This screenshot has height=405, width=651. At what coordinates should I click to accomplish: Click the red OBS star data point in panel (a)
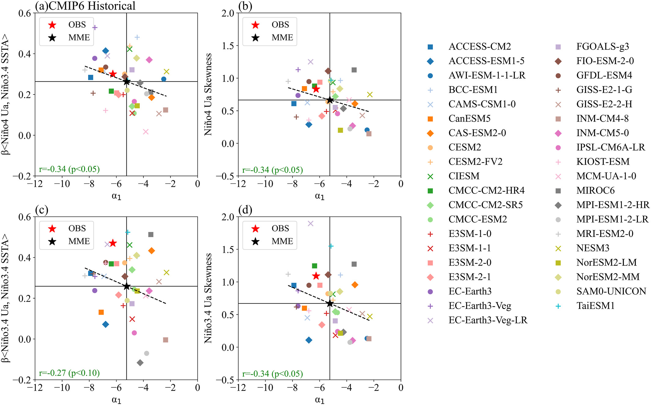pos(113,74)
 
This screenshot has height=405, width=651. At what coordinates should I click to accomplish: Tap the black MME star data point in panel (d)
pos(330,303)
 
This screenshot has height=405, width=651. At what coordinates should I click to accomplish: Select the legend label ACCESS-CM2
pos(480,47)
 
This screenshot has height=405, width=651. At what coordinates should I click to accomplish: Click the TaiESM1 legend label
pos(595,306)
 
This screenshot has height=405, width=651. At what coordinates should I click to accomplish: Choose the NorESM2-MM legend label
pos(608,277)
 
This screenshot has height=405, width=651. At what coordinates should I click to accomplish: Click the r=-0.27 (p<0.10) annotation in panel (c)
pos(69,373)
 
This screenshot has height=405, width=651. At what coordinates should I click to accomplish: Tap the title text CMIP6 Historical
pos(92,6)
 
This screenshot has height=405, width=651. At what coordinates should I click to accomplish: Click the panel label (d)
pos(245,210)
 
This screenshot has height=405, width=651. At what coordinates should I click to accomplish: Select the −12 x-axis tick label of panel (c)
pos(35,388)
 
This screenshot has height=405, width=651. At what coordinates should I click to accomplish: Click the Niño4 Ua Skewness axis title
pos(208,95)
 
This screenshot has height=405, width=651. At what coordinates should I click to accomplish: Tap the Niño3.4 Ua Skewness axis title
pos(208,298)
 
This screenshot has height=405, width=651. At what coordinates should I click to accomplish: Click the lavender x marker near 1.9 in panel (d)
pos(311,223)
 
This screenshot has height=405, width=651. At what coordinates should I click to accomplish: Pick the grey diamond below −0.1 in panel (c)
pos(140,363)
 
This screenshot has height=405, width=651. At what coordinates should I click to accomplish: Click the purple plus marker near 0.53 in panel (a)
pos(95,28)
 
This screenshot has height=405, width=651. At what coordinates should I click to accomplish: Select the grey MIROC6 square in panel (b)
pos(354,70)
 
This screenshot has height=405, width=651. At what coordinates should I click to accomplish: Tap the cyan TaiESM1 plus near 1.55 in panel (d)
pos(331,246)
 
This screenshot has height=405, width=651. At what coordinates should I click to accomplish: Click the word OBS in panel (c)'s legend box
pos(77,228)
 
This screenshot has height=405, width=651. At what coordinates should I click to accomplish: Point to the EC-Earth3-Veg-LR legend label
pos(488,320)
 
